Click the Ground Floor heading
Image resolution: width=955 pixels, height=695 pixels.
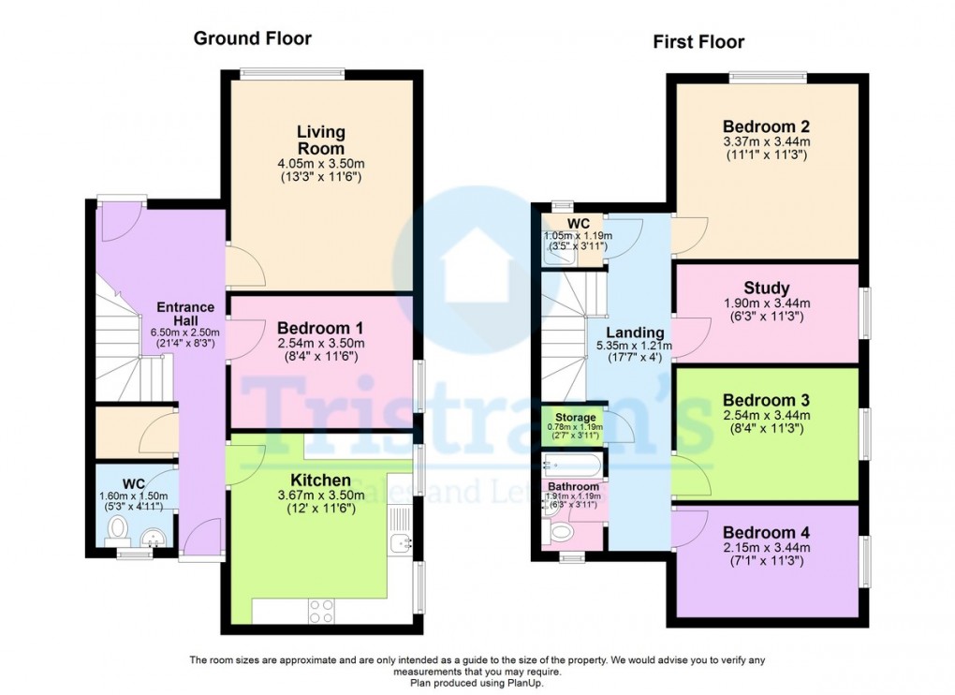click(252, 38)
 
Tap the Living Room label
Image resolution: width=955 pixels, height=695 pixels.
click(320, 140)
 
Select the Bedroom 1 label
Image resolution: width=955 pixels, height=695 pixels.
click(319, 328)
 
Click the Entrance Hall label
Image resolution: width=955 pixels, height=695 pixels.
click(185, 314)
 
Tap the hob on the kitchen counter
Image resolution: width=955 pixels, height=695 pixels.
click(320, 610)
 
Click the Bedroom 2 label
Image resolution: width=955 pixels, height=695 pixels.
click(766, 126)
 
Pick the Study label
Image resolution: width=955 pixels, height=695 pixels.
click(766, 288)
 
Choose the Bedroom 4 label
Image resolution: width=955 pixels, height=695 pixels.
click(766, 532)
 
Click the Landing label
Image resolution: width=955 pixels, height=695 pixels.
click(635, 333)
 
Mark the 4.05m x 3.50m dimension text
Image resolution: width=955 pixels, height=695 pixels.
click(319, 164)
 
